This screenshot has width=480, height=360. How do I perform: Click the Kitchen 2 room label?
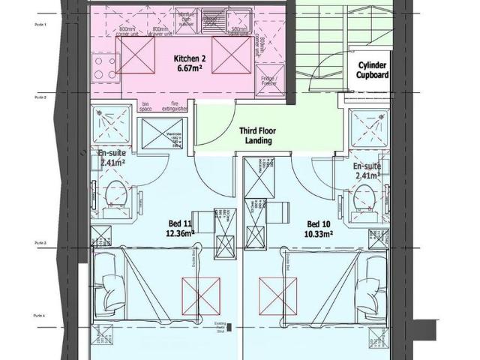pyautogui.click(x=190, y=58)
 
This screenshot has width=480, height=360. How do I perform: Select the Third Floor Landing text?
pyautogui.click(x=258, y=135)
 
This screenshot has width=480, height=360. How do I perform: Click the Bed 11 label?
pyautogui.click(x=181, y=223)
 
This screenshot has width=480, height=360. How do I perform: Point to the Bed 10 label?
pyautogui.click(x=319, y=223)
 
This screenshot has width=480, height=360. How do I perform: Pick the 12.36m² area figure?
pyautogui.click(x=181, y=233)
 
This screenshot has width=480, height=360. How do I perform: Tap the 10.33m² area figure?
pyautogui.click(x=319, y=233)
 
